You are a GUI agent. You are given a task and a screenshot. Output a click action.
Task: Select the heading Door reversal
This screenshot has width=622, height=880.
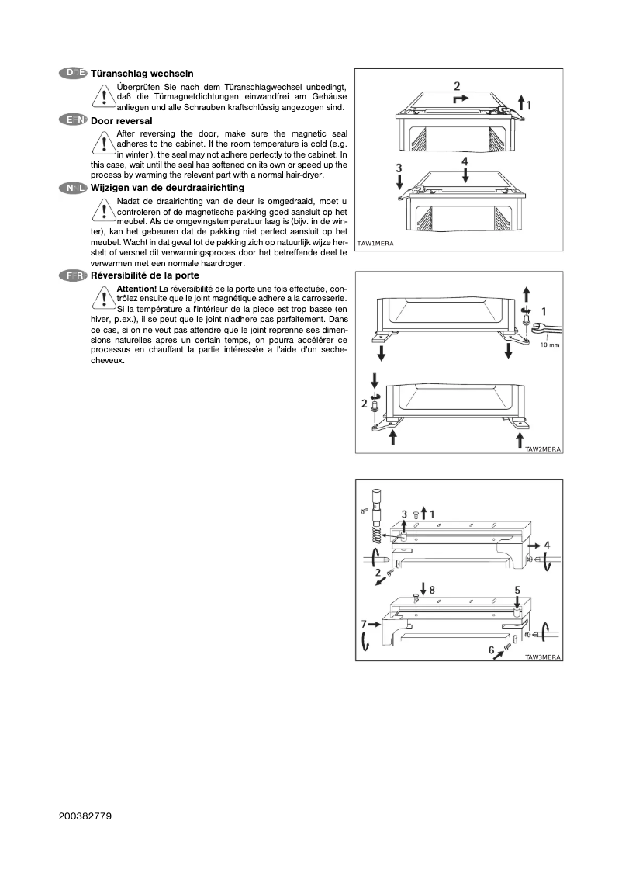122,121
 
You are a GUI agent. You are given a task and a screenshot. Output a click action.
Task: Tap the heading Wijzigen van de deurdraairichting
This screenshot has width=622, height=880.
168,188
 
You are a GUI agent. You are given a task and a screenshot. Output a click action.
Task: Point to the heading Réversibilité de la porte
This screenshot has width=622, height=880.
145,275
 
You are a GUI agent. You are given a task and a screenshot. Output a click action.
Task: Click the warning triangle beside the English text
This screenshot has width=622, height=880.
102,144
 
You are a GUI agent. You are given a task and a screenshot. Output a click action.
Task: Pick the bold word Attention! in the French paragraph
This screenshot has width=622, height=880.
136,289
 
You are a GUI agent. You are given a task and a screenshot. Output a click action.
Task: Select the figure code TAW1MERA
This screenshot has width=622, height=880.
375,244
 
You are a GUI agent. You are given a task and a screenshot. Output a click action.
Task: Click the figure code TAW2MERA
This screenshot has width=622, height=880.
543,449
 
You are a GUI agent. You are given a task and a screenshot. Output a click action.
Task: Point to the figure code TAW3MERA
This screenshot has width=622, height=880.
543,657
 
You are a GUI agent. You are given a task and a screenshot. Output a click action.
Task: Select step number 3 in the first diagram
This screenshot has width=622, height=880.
399,167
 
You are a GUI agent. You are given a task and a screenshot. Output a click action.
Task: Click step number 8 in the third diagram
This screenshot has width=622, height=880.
432,590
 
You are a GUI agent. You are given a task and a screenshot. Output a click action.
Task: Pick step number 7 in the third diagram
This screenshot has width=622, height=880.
364,623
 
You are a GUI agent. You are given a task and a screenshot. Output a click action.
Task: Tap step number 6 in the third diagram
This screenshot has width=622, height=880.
491,650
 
